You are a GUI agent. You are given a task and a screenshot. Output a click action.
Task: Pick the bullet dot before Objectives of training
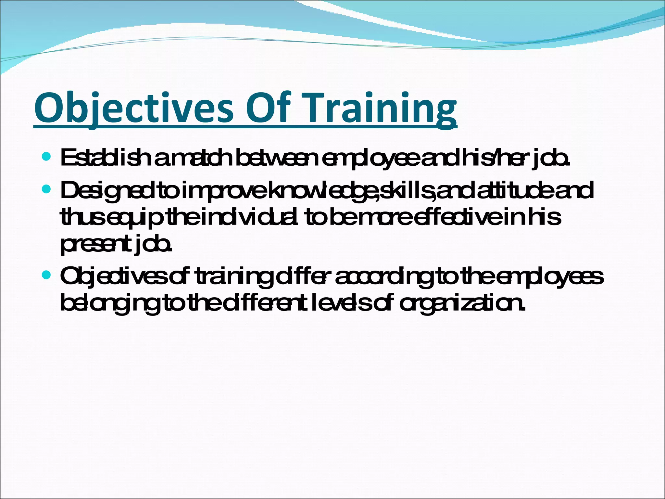(x=46, y=275)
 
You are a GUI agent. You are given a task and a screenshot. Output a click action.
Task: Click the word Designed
(x=107, y=191)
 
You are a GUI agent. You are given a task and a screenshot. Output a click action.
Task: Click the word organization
(x=461, y=303)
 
